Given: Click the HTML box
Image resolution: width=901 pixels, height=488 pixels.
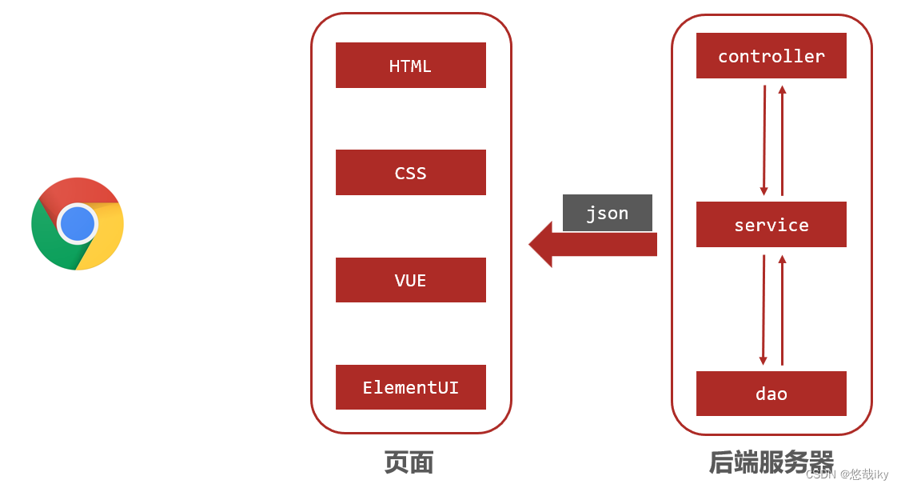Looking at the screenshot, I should [410, 66].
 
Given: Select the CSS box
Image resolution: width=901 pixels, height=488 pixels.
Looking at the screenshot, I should [410, 173].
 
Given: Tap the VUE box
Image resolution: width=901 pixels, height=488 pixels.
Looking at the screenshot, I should [410, 280].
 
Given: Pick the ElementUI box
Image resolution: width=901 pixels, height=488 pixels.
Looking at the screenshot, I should [410, 387].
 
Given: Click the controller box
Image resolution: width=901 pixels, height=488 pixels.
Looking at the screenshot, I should [771, 56].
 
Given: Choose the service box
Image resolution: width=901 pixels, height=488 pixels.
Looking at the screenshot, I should [771, 225].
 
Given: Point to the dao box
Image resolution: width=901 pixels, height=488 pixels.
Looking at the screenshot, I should [771, 394].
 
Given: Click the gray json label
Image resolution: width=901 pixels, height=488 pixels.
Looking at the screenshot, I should [607, 213].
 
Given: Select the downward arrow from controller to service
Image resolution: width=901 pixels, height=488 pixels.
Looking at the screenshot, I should [763, 140].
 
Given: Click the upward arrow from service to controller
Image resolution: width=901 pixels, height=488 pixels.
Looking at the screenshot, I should [782, 140].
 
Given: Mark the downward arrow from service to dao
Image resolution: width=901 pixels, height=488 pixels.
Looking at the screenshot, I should [763, 310].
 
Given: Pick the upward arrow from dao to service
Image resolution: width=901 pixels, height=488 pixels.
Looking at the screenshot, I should [782, 310].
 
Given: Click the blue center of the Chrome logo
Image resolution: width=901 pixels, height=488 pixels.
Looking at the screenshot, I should [78, 224].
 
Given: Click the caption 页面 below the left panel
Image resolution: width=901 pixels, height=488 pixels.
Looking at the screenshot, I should [409, 462].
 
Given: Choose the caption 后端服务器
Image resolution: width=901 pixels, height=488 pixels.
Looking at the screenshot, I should [771, 462].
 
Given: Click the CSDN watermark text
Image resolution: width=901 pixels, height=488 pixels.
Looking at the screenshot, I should [847, 474].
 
